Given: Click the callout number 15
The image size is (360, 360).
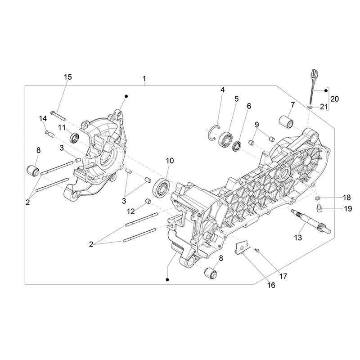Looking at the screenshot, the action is click(68, 77).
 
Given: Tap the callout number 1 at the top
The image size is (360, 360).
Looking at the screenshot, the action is click(144, 79).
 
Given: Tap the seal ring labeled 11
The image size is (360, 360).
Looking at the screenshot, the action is click(74, 138).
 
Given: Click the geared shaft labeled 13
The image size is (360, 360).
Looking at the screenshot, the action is click(311, 221).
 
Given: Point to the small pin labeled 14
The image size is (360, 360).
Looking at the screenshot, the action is click(49, 133).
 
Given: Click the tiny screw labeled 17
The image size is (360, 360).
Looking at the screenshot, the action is click(257, 251).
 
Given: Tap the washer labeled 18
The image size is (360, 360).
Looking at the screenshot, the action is click(317, 198).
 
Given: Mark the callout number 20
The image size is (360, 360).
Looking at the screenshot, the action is click(334, 99).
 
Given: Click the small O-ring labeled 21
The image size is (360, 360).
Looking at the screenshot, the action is click(310, 107).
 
